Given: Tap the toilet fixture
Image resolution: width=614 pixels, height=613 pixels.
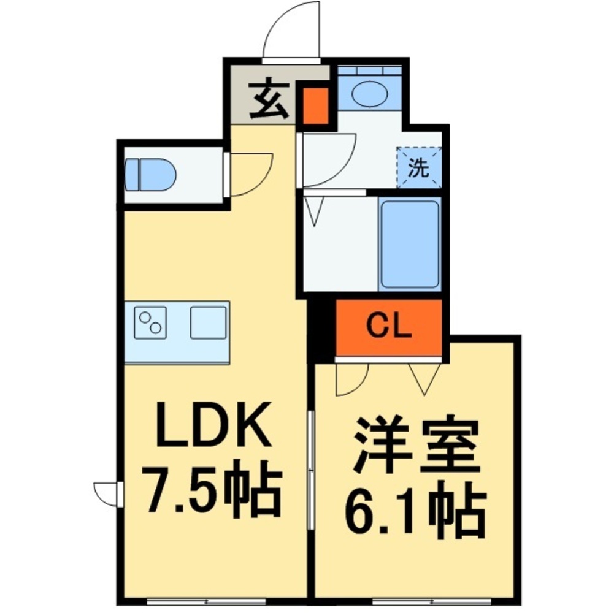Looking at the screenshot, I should point(150,175).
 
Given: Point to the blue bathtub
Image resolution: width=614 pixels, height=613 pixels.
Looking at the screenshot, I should point(409,243).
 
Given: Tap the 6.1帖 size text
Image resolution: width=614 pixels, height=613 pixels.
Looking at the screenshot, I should point(415,510).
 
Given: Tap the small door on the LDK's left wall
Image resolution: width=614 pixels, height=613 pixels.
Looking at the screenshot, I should point(108,492).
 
